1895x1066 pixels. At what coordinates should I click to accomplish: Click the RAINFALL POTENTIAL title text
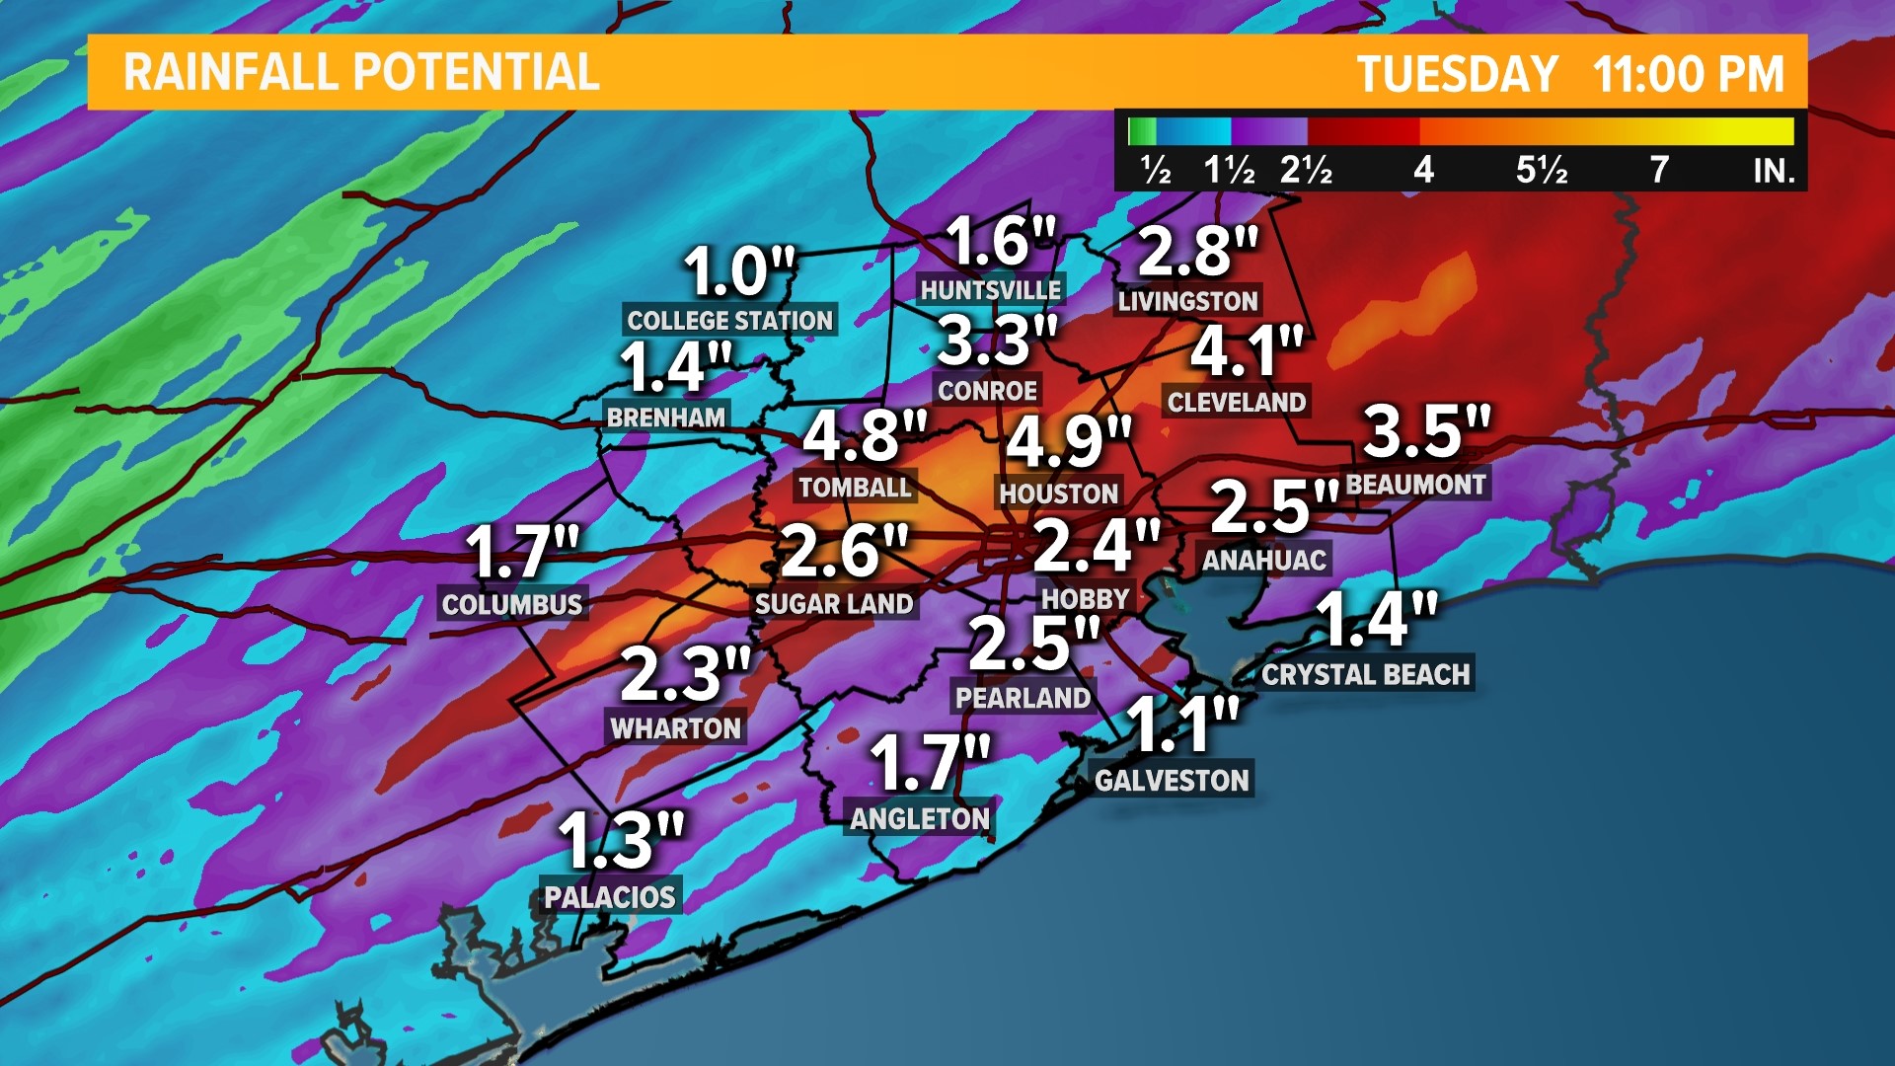pyautogui.click(x=361, y=72)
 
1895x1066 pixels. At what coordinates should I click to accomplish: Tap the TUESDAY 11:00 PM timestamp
pyautogui.click(x=1570, y=74)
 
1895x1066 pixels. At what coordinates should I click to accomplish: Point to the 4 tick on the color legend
pyautogui.click(x=1422, y=170)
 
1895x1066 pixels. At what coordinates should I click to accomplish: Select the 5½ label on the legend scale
pyautogui.click(x=1541, y=170)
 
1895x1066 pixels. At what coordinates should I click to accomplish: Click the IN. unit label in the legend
pyautogui.click(x=1773, y=172)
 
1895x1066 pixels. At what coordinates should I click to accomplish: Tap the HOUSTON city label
pyautogui.click(x=1058, y=493)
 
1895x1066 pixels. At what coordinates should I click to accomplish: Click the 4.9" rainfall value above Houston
pyautogui.click(x=1067, y=440)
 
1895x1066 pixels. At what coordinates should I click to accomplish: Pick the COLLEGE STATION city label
pyautogui.click(x=729, y=320)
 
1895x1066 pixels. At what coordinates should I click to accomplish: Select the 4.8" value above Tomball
pyautogui.click(x=864, y=434)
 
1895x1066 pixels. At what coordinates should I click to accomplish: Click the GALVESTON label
pyautogui.click(x=1172, y=780)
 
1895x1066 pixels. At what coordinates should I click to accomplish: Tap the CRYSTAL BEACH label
pyautogui.click(x=1366, y=674)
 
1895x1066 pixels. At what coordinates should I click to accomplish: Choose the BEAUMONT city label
pyautogui.click(x=1415, y=484)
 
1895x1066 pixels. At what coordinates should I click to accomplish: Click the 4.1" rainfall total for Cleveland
pyautogui.click(x=1246, y=350)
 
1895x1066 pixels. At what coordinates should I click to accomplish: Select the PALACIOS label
pyautogui.click(x=610, y=896)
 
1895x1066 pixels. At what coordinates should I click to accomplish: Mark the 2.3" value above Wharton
pyautogui.click(x=685, y=674)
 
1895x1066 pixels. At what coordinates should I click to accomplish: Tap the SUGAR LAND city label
pyautogui.click(x=834, y=603)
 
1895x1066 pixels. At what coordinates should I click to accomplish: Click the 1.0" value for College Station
pyautogui.click(x=738, y=271)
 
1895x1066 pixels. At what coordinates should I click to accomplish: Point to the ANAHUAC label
pyautogui.click(x=1263, y=560)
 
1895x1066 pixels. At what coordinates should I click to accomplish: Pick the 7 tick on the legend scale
pyautogui.click(x=1659, y=170)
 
